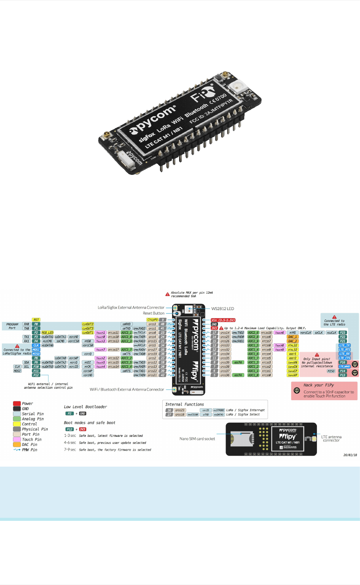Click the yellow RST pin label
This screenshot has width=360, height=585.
[x=36, y=320]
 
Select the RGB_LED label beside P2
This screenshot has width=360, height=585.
[x=47, y=333]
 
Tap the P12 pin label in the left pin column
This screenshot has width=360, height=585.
[x=36, y=375]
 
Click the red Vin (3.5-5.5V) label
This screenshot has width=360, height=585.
[x=223, y=320]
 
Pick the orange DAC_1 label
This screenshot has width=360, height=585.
[x=292, y=337]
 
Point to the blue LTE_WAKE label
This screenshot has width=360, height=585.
[x=344, y=367]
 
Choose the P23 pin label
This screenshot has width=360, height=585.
[x=342, y=333]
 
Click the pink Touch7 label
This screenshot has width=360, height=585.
[x=100, y=350]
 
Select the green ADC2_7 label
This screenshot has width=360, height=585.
[x=126, y=350]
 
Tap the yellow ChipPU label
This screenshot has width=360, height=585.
[x=152, y=320]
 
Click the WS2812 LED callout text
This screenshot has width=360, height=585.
[x=223, y=309]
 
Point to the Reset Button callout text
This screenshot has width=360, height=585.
[x=153, y=313]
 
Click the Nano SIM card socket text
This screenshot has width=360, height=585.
[x=197, y=439]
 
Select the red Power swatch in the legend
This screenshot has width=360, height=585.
[x=17, y=403]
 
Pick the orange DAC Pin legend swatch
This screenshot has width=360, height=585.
[x=17, y=444]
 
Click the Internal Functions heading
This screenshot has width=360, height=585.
[x=184, y=404]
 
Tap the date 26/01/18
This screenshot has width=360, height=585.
[x=350, y=455]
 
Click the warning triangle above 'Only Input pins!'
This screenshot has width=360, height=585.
[x=317, y=355]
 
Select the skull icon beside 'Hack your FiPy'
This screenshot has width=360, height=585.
[x=297, y=390]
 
